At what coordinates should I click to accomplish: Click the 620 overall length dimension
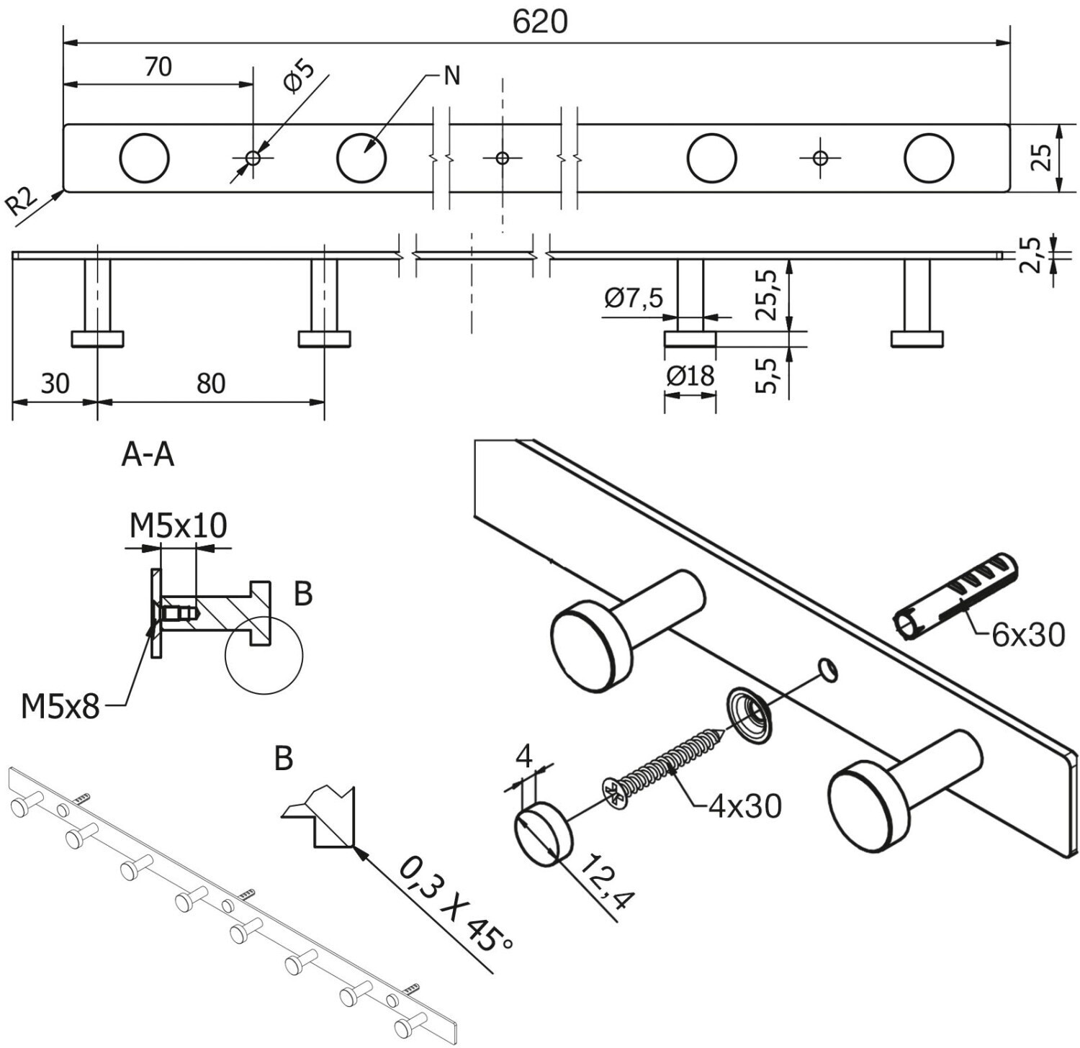(540, 22)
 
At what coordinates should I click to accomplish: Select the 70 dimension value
(158, 66)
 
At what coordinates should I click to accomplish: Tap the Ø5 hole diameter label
(300, 77)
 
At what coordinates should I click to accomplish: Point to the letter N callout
(452, 76)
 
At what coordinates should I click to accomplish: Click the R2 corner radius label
(22, 203)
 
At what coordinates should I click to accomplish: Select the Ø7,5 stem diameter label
(634, 297)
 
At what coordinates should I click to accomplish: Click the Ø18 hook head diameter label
(690, 376)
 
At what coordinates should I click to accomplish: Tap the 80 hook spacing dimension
(211, 384)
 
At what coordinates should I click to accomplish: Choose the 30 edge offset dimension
(55, 384)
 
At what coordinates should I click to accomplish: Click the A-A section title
(148, 455)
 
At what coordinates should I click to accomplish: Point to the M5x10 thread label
(179, 525)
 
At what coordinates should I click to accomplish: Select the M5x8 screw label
(60, 707)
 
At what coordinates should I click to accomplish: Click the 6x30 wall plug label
(1027, 635)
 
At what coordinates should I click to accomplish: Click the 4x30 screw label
(744, 807)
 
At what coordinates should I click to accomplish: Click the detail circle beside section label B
(264, 655)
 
